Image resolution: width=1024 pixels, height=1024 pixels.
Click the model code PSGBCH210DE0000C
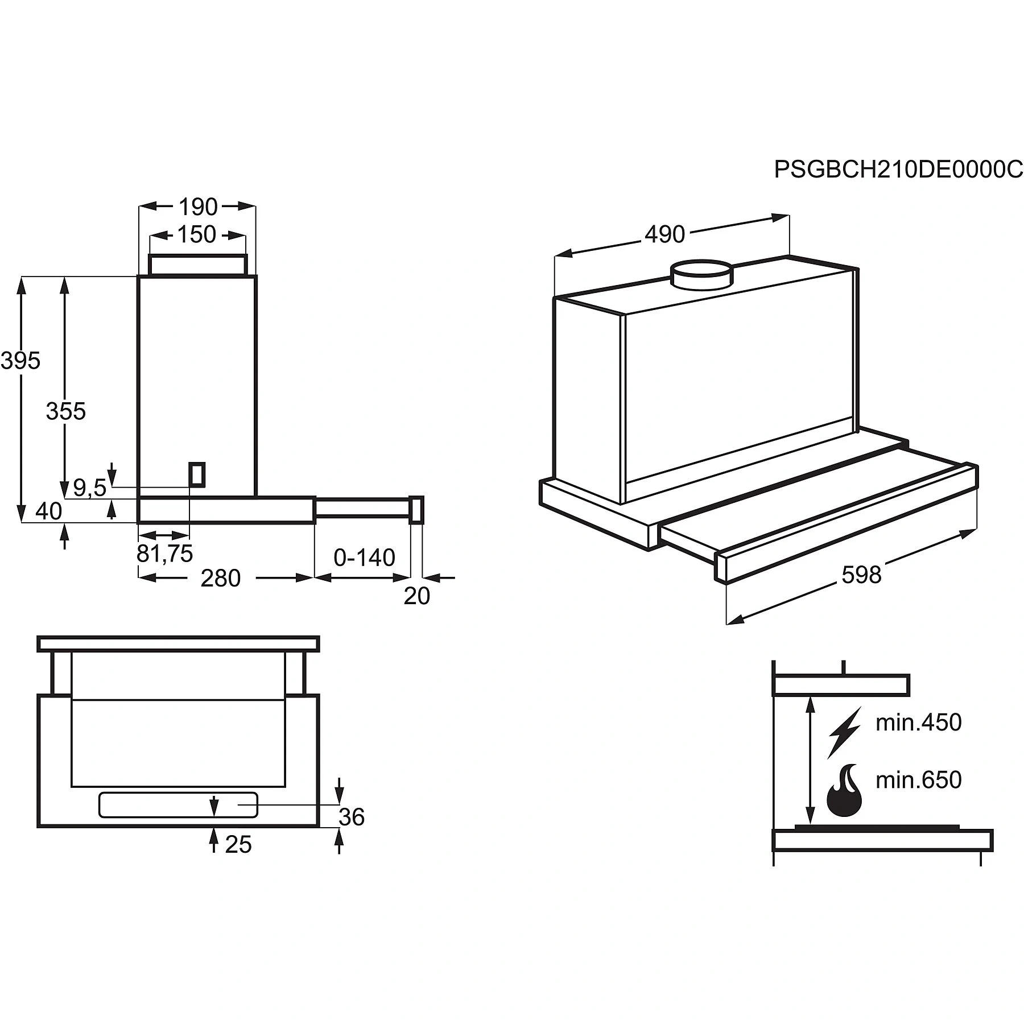(898, 170)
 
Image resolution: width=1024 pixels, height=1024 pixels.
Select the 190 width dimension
(198, 207)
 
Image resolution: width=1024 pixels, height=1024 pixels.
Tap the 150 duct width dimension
(197, 234)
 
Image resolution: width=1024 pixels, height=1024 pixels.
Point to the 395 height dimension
(20, 361)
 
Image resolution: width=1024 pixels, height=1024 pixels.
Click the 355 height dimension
(66, 411)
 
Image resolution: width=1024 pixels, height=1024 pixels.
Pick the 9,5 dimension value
(90, 488)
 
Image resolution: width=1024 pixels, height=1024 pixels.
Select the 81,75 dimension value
(165, 554)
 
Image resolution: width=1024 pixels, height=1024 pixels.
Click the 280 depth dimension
(221, 579)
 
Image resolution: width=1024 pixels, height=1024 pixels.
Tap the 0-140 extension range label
(364, 558)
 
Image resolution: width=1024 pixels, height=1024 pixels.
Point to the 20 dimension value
(417, 596)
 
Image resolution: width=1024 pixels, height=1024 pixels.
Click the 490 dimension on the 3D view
(665, 234)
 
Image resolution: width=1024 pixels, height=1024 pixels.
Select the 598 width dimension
(861, 575)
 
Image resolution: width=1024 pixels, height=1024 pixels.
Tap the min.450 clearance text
(919, 722)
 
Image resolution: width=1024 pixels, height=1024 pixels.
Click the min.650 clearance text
(919, 780)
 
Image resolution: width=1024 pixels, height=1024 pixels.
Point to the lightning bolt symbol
(844, 732)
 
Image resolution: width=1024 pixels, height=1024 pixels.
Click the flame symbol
(844, 791)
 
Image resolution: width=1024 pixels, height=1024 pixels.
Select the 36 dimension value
(352, 817)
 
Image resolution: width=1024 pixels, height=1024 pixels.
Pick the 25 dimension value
(238, 845)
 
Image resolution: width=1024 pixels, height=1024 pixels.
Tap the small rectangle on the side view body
(197, 474)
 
